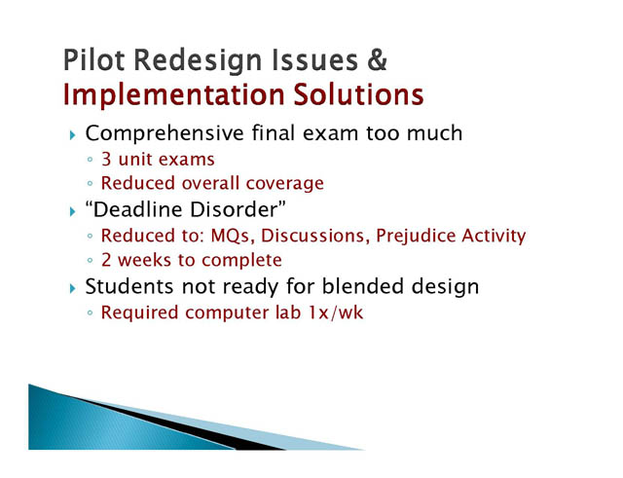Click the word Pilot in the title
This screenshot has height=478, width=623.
(94, 59)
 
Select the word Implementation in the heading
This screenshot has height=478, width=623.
(173, 95)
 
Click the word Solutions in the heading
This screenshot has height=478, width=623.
(359, 94)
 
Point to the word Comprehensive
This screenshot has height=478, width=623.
(165, 133)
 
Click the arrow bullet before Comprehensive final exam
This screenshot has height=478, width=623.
(72, 135)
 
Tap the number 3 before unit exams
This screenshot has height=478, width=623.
(106, 160)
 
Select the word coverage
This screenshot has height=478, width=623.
(285, 184)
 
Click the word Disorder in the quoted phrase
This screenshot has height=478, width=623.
(234, 209)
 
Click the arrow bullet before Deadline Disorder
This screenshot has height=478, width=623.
(72, 211)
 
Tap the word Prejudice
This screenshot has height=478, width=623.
(416, 236)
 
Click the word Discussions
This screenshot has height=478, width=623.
(312, 236)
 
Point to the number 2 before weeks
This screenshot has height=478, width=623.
(106, 260)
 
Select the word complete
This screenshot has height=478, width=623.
(241, 261)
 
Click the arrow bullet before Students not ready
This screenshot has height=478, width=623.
(72, 288)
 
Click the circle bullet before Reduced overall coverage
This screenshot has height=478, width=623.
(90, 184)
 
